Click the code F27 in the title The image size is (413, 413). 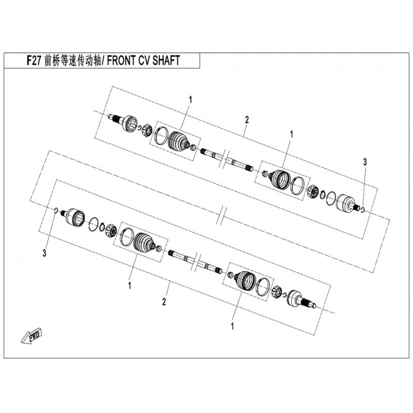(x=34, y=60)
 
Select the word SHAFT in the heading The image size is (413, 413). (x=166, y=60)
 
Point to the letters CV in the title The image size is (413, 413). (x=142, y=60)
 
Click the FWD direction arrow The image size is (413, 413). (x=31, y=337)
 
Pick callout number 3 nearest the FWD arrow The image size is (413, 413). (x=44, y=253)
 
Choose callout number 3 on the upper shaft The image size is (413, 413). (x=364, y=162)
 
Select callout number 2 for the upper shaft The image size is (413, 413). (x=247, y=120)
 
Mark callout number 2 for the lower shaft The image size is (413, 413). (x=164, y=302)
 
